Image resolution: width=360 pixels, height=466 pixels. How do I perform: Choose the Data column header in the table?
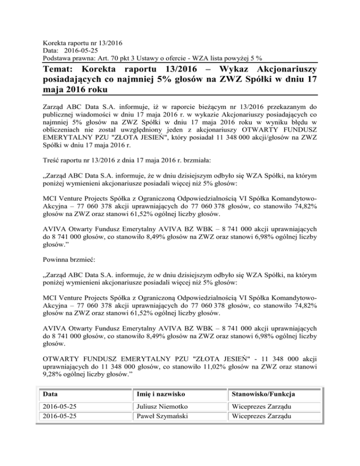click(48, 393)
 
